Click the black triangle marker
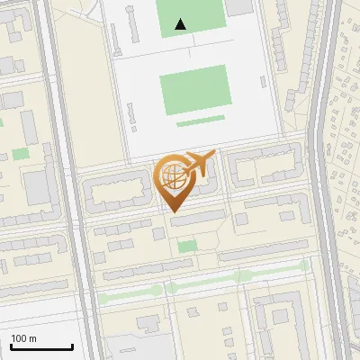[181, 24]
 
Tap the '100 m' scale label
[23, 338]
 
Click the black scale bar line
[41, 346]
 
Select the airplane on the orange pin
[201, 163]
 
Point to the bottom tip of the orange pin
[173, 211]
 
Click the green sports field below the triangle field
[193, 89]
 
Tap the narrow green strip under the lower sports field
[201, 120]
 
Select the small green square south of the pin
[187, 246]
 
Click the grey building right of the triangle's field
[238, 7]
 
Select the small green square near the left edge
[21, 154]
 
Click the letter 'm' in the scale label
[33, 338]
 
